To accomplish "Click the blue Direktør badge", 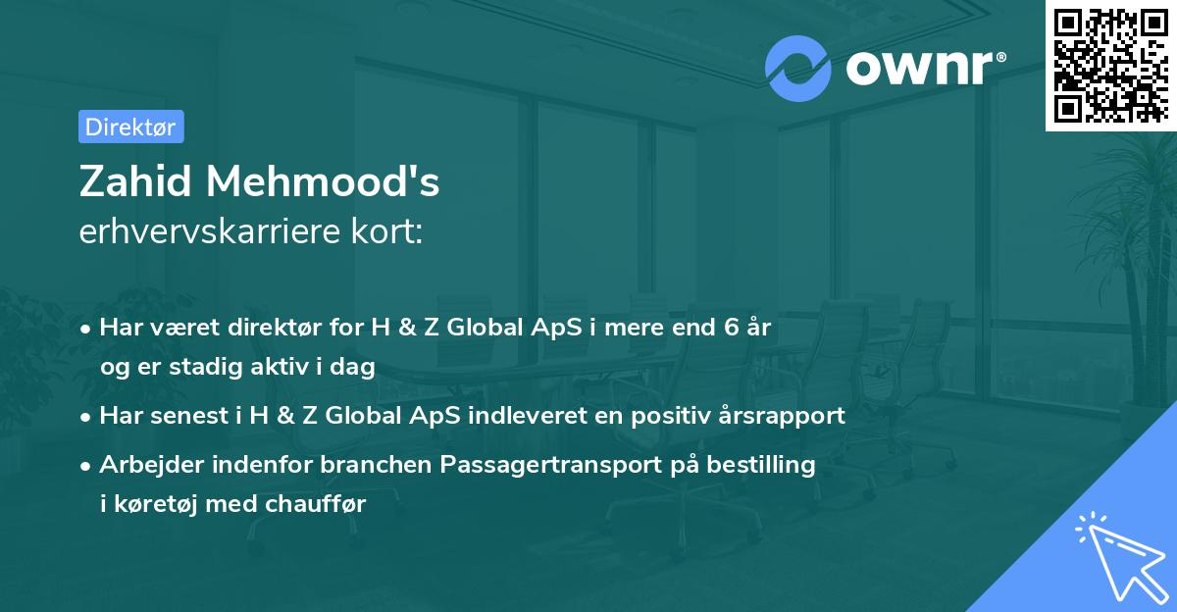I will (130, 127).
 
